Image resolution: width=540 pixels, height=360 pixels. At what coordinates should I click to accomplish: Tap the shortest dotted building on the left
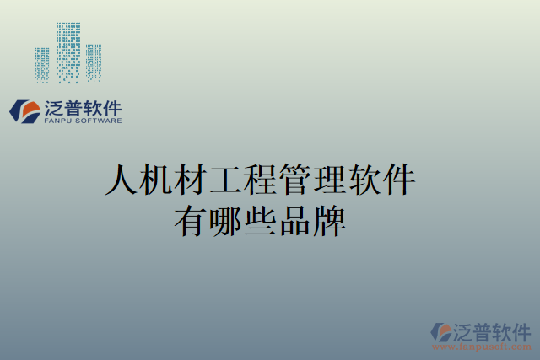coord(42,64)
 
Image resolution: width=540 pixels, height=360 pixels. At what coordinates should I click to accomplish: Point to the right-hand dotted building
coord(93,62)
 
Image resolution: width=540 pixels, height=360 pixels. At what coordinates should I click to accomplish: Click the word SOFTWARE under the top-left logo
coord(100,121)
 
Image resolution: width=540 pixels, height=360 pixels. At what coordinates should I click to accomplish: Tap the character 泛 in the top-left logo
coord(54,107)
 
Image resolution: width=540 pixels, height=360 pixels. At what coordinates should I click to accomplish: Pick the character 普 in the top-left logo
coord(75,107)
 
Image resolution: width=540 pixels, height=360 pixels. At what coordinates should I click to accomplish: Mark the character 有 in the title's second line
coord(189,220)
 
